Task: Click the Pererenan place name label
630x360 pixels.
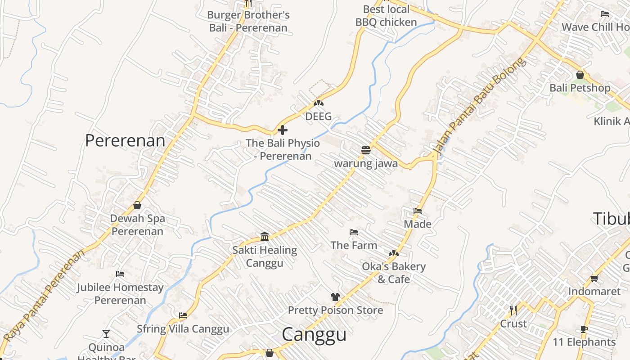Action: (125, 141)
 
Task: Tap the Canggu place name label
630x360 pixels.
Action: (314, 335)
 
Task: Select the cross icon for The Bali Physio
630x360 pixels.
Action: (283, 130)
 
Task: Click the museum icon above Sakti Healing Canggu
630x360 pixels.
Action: (265, 236)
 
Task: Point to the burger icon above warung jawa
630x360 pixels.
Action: (365, 150)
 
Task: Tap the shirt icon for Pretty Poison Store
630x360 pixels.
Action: (335, 297)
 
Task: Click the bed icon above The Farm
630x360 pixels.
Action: (354, 232)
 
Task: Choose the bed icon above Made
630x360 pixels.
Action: (418, 211)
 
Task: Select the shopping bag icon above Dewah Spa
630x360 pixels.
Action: (137, 205)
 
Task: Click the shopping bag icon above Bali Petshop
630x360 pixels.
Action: (580, 75)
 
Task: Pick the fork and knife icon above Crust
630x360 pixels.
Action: (513, 310)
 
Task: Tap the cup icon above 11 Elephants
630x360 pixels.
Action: (584, 329)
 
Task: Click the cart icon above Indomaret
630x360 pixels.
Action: (594, 278)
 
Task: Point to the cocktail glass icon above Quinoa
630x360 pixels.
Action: (106, 333)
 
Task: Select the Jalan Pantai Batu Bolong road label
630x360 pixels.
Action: (479, 107)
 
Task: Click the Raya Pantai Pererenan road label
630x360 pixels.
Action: (44, 296)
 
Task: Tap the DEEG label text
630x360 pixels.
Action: (318, 117)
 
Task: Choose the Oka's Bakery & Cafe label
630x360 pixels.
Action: (394, 273)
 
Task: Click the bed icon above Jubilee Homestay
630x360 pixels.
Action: (120, 274)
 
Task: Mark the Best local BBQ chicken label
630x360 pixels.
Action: (386, 16)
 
